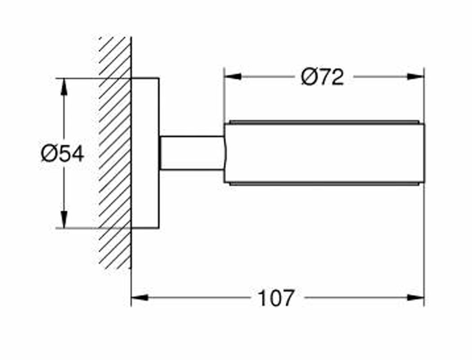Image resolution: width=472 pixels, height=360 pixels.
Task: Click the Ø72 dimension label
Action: coord(323,77)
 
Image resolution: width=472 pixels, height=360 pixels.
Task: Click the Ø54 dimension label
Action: coord(63,154)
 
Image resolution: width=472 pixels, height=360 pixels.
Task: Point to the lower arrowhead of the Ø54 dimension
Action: coord(64,220)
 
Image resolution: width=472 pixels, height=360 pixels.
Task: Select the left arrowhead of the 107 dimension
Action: coord(139,297)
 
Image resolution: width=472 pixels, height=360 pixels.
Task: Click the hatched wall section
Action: coord(115,153)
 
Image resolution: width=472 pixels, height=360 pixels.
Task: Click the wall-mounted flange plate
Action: coord(145,153)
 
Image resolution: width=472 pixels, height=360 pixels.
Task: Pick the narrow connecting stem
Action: coord(192,153)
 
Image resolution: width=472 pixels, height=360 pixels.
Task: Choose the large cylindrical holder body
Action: coord(324,153)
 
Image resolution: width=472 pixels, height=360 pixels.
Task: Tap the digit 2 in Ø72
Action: coord(337,77)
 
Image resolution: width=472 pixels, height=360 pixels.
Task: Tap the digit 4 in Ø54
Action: coord(77,154)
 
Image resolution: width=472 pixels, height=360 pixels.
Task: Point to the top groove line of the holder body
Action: coord(324,122)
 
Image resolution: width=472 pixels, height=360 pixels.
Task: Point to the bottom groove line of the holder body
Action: coord(324,183)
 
